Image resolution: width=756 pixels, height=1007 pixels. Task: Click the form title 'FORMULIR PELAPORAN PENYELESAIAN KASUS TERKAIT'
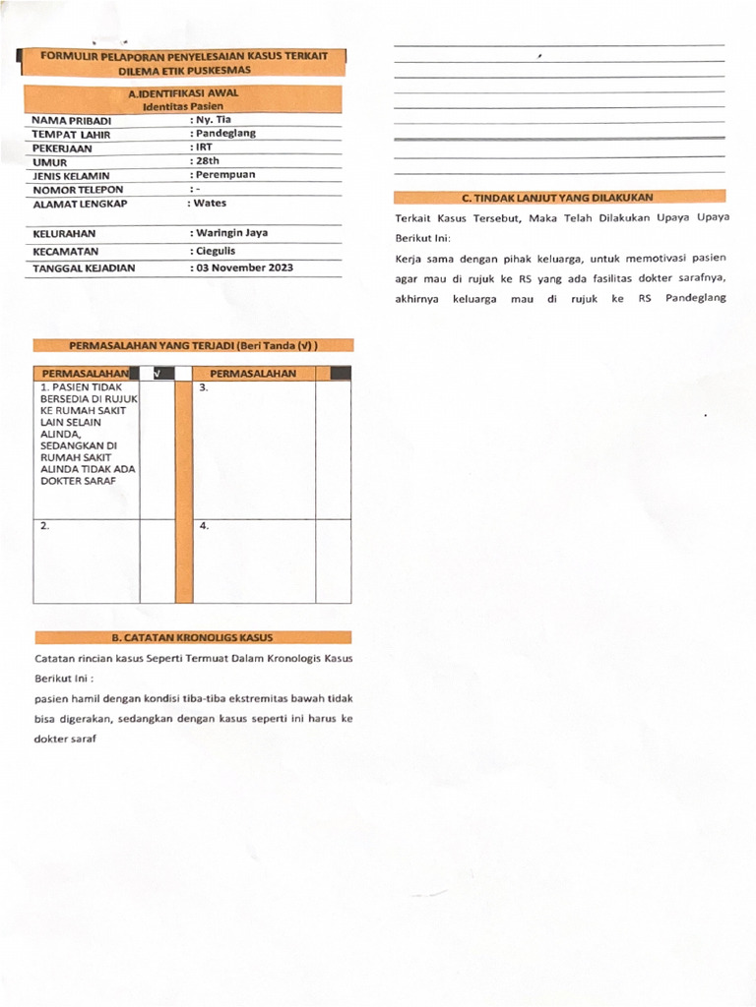[184, 57]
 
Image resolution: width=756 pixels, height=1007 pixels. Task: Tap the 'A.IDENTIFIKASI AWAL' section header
[183, 93]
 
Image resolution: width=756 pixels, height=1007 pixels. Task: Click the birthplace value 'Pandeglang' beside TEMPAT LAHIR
[225, 133]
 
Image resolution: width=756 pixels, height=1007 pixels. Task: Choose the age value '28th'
[206, 160]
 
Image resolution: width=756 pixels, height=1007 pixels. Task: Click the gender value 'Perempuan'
[224, 174]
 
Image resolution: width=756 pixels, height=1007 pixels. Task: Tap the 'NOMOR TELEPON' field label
[78, 189]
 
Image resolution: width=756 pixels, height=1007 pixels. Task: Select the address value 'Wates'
[209, 204]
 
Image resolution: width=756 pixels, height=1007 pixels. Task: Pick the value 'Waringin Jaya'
[230, 233]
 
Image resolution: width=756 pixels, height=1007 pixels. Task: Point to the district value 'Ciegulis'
[215, 251]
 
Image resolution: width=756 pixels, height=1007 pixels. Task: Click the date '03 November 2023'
[243, 267]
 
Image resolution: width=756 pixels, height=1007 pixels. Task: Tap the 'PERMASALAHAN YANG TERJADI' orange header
[193, 346]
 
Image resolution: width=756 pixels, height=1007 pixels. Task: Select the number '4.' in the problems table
[204, 526]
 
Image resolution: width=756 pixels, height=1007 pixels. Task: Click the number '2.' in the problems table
[45, 526]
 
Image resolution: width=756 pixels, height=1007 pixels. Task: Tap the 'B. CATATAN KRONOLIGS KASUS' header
[193, 637]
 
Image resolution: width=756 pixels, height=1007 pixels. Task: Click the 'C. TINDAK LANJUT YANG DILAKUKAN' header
[559, 198]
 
